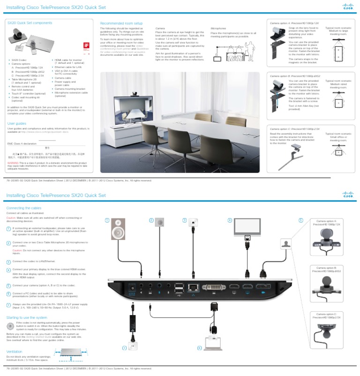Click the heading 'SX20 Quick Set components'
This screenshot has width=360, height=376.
pos(29,23)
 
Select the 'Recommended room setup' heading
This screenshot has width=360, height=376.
pos(121,23)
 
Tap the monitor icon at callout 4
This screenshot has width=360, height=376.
pos(247,226)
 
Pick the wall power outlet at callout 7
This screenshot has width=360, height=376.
pos(133,346)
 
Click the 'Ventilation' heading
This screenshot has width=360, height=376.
pos(14,351)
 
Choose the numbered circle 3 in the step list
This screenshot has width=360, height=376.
pos(8,261)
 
